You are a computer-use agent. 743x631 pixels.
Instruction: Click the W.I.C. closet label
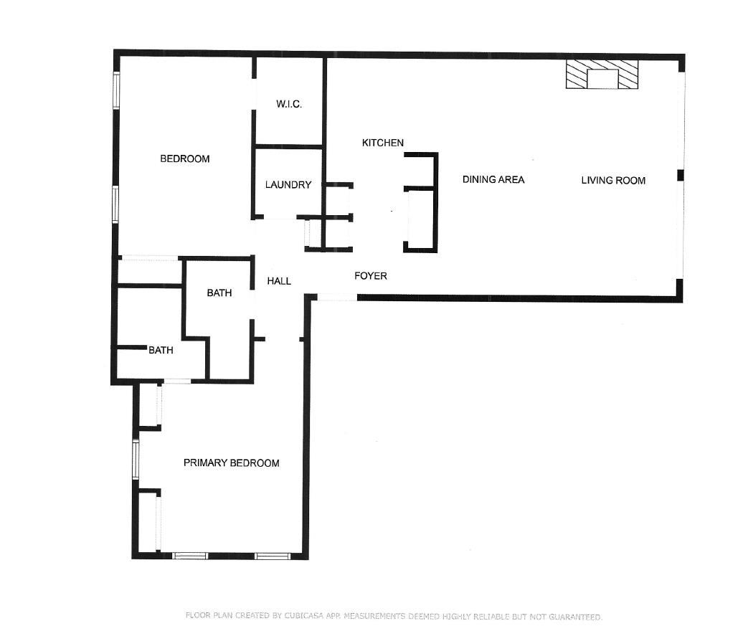pos(289,104)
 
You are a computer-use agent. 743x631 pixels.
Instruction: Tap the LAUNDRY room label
pos(288,185)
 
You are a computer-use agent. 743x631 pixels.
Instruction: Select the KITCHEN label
pos(383,143)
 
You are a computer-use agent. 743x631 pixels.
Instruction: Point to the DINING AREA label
pos(493,179)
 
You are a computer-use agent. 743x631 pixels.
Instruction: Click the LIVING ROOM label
pos(613,181)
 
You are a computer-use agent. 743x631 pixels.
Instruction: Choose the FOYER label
pos(371,276)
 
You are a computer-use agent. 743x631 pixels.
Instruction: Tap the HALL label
pos(279,281)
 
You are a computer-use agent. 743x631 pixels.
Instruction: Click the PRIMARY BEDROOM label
pos(231,462)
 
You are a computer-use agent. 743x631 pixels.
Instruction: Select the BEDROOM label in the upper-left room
pos(185,158)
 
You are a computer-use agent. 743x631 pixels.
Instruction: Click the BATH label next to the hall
pos(219,293)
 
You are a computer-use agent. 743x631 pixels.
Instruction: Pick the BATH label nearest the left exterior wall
pos(161,350)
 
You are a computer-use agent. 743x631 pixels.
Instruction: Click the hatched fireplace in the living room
pos(602,74)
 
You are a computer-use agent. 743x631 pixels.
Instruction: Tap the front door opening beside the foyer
pos(337,297)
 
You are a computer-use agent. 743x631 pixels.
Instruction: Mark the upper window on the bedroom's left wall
pos(116,90)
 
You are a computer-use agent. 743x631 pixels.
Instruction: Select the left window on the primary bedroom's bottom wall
pos(190,556)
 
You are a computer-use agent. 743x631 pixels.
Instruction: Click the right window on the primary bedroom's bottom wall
pos(273,556)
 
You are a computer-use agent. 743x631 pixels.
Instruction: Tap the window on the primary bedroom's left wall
pos(136,460)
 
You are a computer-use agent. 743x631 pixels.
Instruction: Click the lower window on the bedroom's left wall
pos(115,204)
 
